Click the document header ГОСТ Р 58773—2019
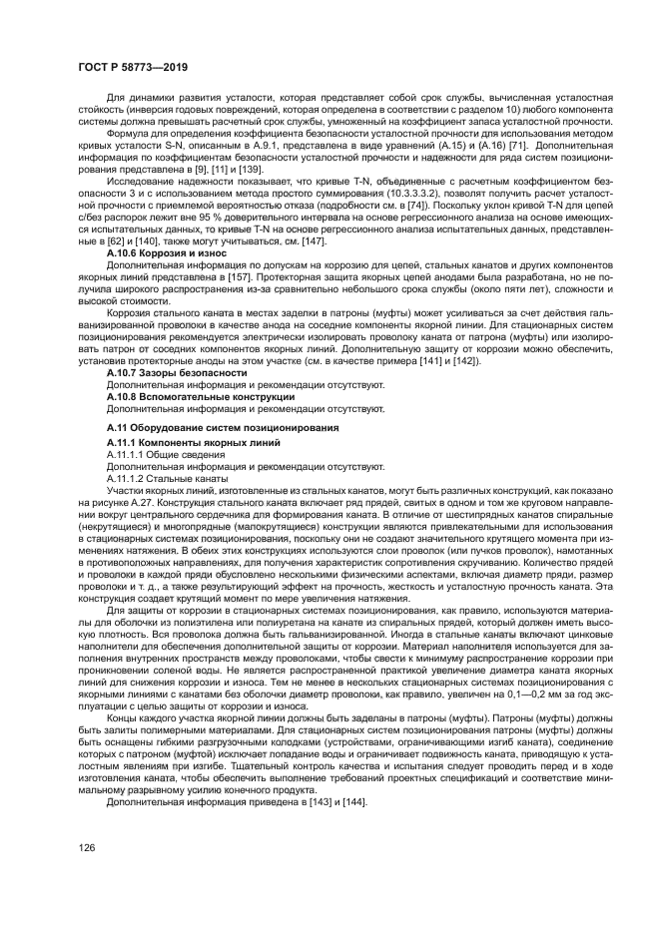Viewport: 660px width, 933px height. click(133, 68)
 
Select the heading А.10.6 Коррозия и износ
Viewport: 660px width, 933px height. click(167, 253)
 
